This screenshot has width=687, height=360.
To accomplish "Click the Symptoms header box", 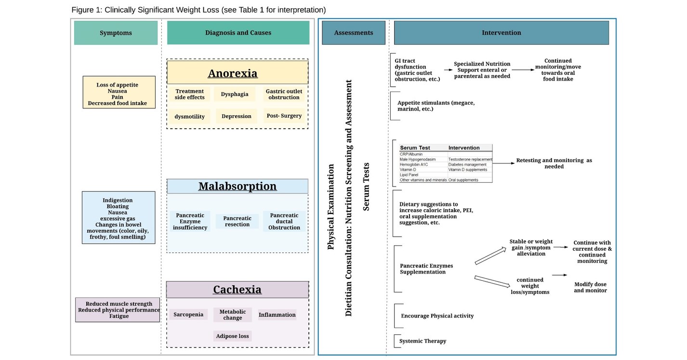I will tap(116, 33).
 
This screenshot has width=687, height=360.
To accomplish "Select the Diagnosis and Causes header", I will tap(238, 33).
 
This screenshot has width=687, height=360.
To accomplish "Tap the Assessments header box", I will tap(353, 33).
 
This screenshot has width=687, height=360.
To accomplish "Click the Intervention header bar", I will tap(501, 33).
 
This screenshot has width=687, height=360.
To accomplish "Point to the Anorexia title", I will tap(233, 73).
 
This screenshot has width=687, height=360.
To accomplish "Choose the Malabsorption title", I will tap(238, 186).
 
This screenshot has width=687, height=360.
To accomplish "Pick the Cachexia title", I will tap(237, 290).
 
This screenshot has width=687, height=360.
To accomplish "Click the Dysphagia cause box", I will tap(235, 94).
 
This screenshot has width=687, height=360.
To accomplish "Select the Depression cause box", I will tap(237, 116).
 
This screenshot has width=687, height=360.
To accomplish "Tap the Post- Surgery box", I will tap(284, 116).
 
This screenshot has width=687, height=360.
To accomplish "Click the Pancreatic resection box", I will tap(237, 221).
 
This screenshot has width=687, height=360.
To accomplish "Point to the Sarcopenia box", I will tap(188, 315).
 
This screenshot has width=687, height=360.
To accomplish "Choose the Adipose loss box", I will tap(233, 336).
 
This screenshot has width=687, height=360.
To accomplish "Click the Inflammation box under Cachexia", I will tap(277, 315).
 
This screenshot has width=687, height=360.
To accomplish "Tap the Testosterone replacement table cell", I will tap(470, 159).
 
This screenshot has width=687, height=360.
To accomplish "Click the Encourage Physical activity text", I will tap(437, 316).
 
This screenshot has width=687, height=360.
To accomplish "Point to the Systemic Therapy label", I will tap(423, 341).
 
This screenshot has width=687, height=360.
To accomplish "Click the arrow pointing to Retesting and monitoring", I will tap(503, 163).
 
